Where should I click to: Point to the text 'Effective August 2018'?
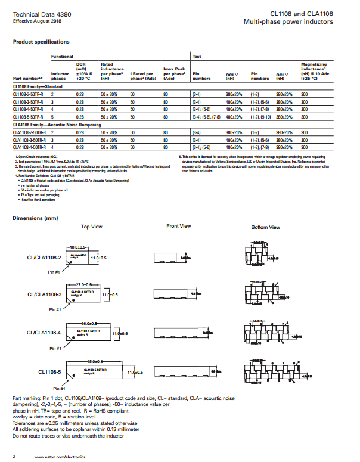point(34,21)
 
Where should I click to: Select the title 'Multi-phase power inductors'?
point(288,22)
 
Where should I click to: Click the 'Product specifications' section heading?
point(41,42)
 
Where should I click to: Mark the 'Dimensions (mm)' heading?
point(35,218)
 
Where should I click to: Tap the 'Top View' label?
point(92,227)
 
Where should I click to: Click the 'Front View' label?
point(179,226)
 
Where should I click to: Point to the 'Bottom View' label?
point(266,227)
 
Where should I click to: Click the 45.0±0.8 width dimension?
point(95,362)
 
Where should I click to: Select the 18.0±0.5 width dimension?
point(79,246)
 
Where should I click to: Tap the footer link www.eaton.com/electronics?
point(60,457)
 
